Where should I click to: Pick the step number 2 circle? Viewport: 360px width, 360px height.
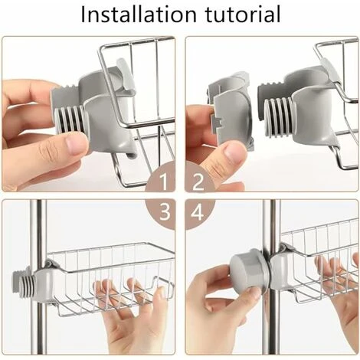click(198, 182)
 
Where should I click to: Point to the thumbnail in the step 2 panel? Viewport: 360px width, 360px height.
click(234, 152)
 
